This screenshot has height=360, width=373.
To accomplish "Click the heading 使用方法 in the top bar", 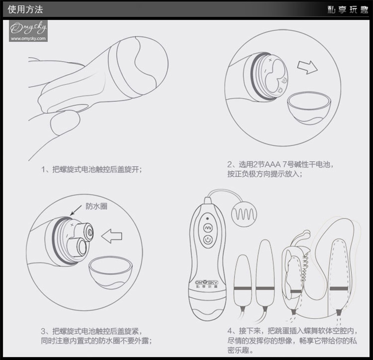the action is coord(25,9).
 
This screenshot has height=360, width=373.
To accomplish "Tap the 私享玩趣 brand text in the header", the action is coord(348,9).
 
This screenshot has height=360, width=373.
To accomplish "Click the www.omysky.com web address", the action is coord(28,38).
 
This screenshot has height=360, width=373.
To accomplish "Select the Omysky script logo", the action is coord(28,28).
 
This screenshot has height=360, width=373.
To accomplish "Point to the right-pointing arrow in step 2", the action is coord(307,67).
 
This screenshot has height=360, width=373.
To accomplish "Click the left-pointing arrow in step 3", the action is coord(111,236).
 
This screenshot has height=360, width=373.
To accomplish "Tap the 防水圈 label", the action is coord(96,206).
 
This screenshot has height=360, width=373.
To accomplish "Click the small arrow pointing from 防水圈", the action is coord(76,210).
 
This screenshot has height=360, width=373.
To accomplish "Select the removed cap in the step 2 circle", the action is coord(309,108).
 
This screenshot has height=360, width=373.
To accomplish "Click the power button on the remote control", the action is coord(208,240).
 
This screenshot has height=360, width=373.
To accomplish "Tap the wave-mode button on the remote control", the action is coord(208,228).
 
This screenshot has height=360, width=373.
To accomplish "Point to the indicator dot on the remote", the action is coord(207,218).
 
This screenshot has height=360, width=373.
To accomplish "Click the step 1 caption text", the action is coord(92,169).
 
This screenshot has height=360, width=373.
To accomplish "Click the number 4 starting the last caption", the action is coord(230,331).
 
